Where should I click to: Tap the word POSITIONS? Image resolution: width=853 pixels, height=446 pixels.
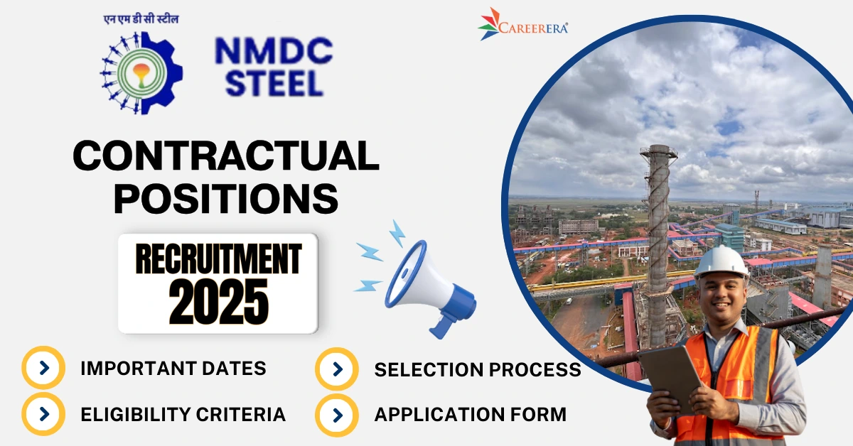click(226, 198)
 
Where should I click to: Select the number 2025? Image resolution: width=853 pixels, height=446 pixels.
click(219, 302)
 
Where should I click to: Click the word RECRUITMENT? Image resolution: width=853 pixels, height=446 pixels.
click(219, 259)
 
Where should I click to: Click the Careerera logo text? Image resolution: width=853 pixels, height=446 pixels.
click(533, 28)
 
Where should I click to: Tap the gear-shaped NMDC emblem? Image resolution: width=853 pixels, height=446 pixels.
click(141, 73)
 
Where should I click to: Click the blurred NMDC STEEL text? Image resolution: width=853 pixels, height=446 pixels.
click(274, 67)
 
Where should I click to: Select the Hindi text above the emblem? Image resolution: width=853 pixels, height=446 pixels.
click(141, 19)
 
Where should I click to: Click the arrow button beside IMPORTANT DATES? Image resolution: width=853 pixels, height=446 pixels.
click(43, 368)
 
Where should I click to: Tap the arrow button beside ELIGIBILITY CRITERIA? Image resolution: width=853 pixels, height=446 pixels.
click(43, 414)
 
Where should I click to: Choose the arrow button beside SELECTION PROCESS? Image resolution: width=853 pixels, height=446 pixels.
click(337, 369)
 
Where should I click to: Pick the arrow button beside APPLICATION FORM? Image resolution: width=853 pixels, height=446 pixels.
click(337, 415)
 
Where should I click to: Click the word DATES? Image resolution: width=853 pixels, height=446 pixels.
click(234, 369)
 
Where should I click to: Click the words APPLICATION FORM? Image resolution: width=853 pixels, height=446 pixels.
click(471, 415)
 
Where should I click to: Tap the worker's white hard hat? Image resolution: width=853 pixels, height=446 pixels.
click(721, 263)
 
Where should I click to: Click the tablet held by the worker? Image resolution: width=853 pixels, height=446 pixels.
click(671, 379)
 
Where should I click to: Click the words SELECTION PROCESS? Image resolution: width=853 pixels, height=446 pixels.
click(478, 369)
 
